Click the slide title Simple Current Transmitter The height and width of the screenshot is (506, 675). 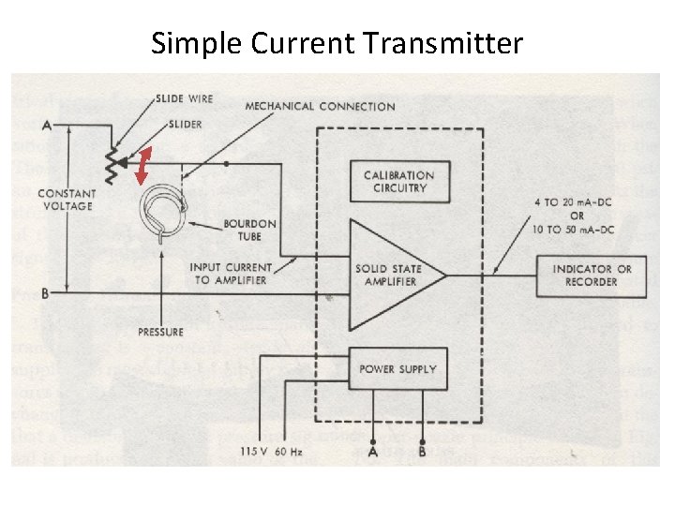(x=337, y=43)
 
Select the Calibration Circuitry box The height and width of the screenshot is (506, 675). (x=398, y=181)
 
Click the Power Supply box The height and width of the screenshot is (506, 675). (x=397, y=368)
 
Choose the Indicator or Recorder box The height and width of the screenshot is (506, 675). (x=592, y=275)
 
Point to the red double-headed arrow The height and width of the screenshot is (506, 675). (x=143, y=167)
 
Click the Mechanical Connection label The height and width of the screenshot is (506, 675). (x=320, y=106)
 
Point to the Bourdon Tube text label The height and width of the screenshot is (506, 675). (x=249, y=230)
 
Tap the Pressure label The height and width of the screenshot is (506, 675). (x=160, y=332)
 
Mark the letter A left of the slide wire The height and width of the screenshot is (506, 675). (x=46, y=123)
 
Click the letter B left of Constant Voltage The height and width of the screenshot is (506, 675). (x=45, y=292)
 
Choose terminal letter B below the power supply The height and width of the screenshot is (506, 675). (x=423, y=454)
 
